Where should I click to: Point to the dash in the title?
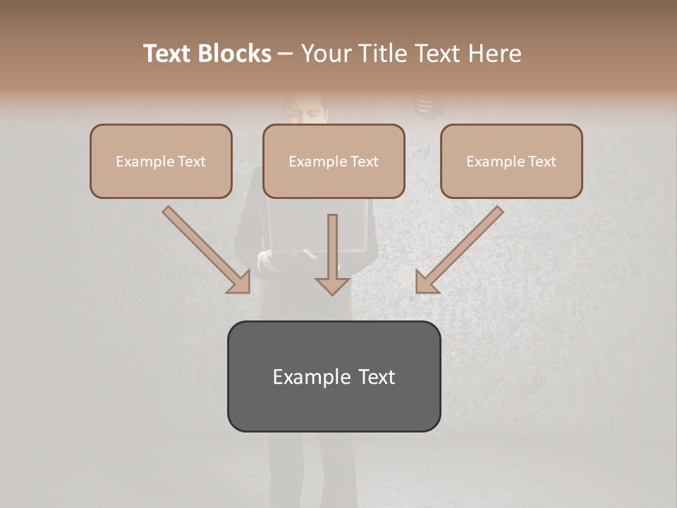click(286, 54)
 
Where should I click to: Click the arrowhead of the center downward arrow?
click(333, 285)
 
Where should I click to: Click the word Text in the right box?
click(542, 162)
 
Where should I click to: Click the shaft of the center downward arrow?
click(333, 243)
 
